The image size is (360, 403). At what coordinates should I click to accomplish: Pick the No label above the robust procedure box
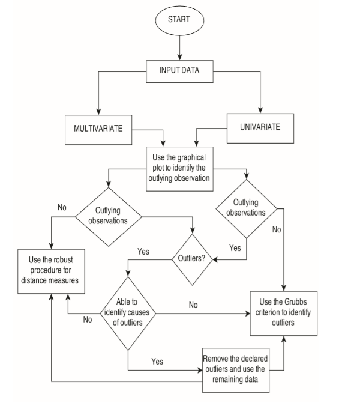(62, 207)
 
